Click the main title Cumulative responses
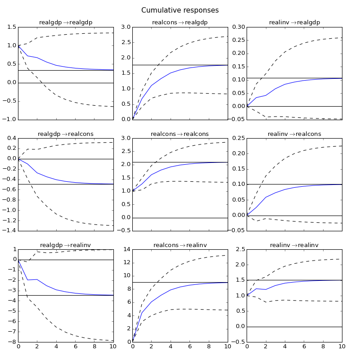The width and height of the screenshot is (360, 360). [180, 10]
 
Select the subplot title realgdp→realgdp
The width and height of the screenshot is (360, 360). [66, 22]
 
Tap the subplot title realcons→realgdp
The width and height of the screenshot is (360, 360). [180, 22]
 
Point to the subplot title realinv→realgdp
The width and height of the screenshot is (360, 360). [294, 22]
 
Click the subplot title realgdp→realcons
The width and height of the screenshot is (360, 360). [66, 134]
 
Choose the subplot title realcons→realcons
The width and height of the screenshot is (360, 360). [180, 134]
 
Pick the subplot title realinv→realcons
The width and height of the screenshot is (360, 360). [294, 134]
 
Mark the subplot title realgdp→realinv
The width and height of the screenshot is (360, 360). [66, 245]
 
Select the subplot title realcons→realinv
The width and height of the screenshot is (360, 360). [180, 245]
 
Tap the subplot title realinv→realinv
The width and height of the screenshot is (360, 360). [294, 245]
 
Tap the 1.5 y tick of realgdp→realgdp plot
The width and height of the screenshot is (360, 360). [10, 27]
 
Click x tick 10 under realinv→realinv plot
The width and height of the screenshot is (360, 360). [342, 346]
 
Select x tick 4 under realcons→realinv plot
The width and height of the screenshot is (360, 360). [171, 346]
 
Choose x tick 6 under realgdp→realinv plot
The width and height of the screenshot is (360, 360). [76, 346]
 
